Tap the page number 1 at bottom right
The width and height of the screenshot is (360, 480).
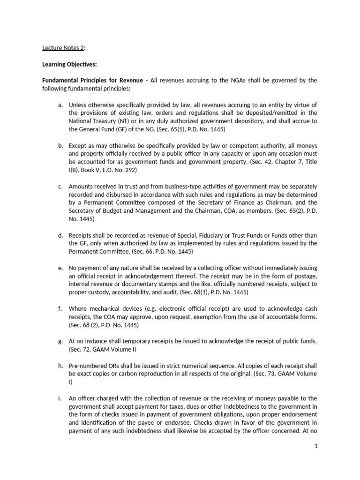[316, 460]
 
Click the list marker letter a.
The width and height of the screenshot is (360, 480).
[60, 105]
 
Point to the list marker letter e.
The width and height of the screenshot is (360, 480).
[60, 268]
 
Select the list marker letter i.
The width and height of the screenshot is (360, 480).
[60, 398]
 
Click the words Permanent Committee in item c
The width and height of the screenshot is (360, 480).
[103, 202]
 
